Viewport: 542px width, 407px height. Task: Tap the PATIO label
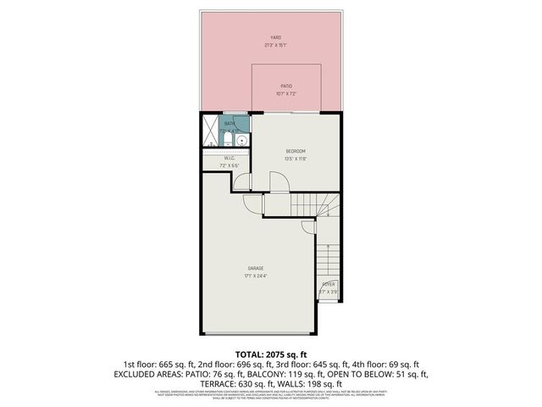(287, 86)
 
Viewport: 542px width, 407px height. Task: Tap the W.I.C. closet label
(229, 157)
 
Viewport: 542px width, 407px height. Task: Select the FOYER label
(329, 284)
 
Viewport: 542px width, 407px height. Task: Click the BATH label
(230, 124)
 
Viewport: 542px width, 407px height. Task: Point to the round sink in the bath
(242, 141)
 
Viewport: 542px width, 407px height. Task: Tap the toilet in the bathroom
(227, 142)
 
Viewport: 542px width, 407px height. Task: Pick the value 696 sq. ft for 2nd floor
(246, 363)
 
